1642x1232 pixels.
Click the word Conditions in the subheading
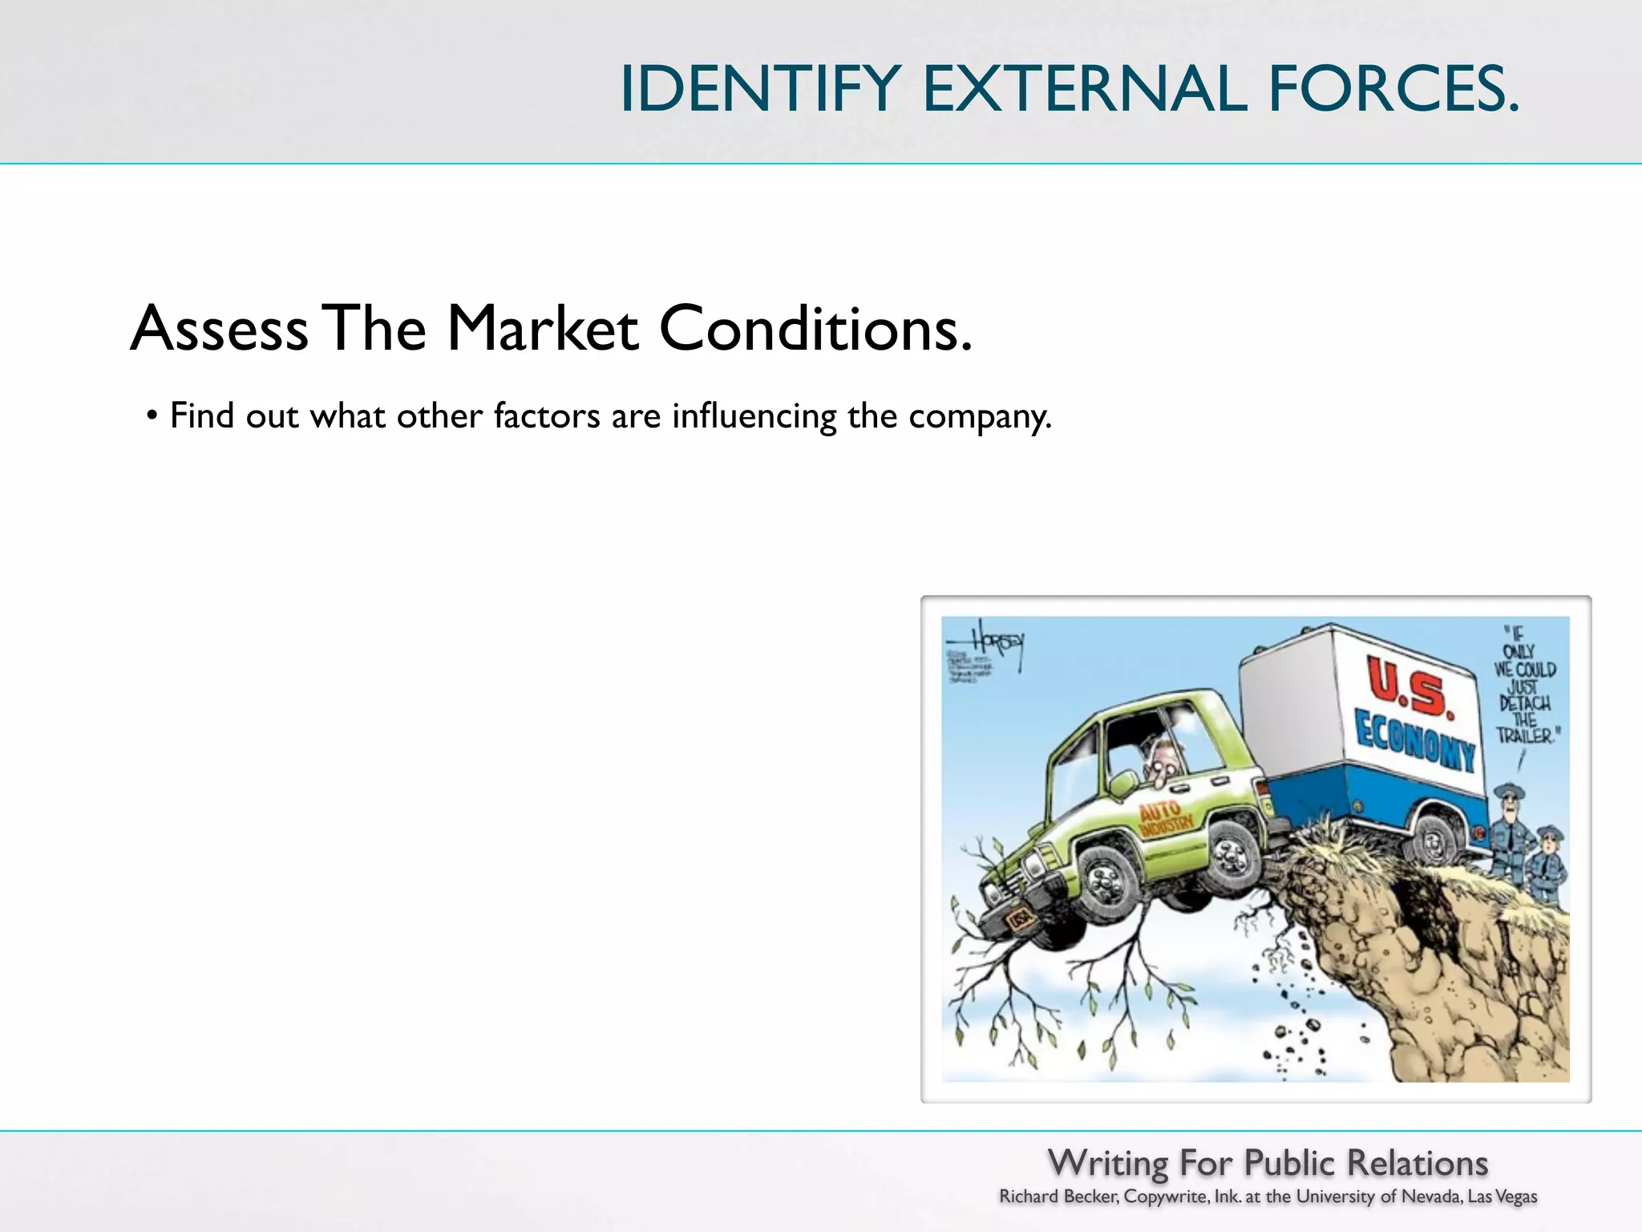[815, 329]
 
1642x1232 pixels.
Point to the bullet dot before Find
[152, 417]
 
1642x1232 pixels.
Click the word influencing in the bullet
[754, 417]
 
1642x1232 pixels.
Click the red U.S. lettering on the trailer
[1409, 687]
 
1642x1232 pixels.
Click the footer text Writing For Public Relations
[1268, 1163]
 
